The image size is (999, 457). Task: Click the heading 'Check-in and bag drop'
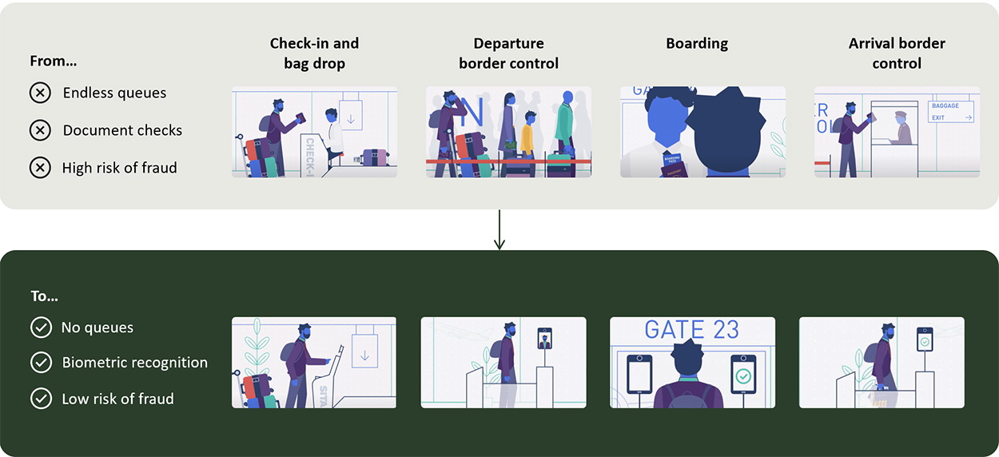click(x=314, y=53)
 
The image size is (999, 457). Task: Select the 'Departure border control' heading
click(x=508, y=53)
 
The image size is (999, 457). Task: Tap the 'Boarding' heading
click(x=697, y=43)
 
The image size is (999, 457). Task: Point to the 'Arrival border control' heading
click(x=897, y=53)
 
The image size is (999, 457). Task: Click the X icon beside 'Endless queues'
click(x=40, y=93)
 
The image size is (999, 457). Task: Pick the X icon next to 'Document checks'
click(x=40, y=130)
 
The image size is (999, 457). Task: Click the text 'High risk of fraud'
click(x=119, y=168)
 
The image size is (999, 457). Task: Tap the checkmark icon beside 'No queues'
click(x=40, y=328)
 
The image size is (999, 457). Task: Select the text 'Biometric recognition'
click(x=134, y=362)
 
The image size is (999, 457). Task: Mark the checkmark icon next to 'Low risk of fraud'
click(x=40, y=399)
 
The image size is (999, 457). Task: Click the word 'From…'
click(x=53, y=61)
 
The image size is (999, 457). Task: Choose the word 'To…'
click(x=45, y=296)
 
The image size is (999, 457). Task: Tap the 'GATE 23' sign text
click(x=691, y=329)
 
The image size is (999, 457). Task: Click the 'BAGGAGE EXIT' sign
click(x=951, y=111)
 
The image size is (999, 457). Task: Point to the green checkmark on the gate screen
click(x=743, y=375)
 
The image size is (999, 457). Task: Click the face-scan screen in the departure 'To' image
click(x=545, y=339)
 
